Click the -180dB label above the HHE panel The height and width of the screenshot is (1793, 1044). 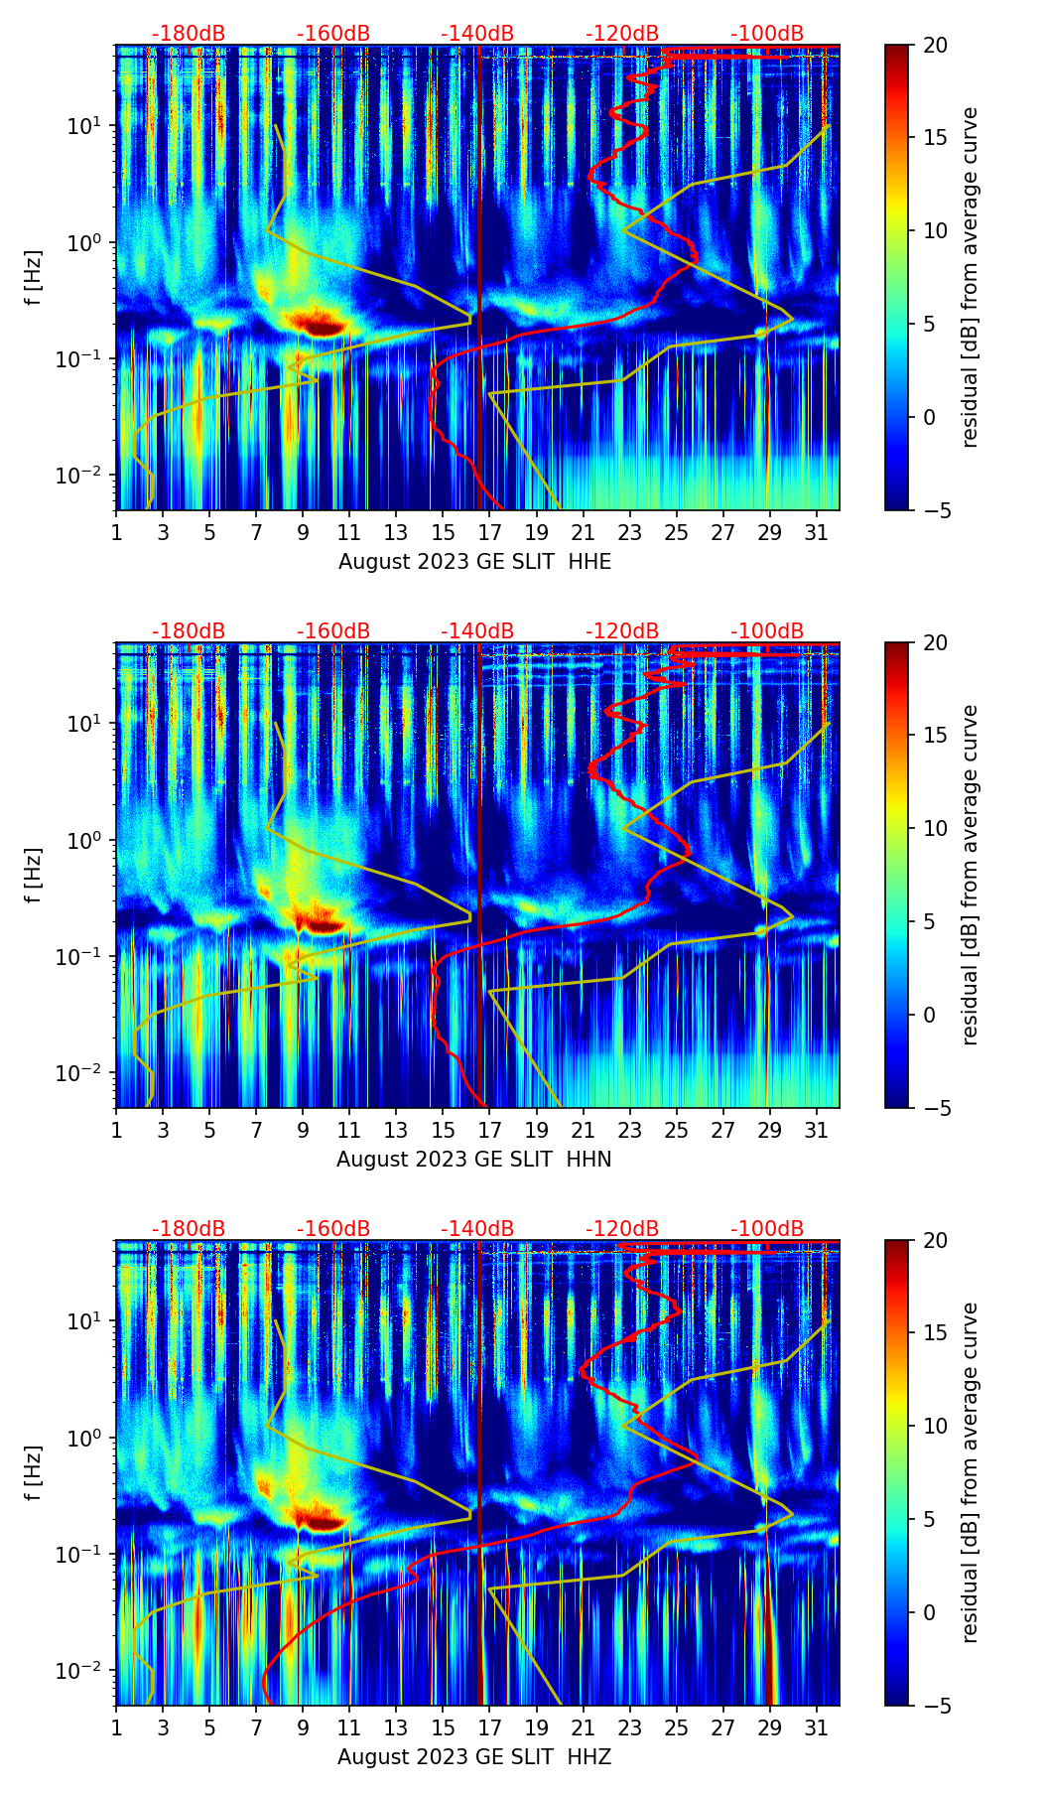tap(189, 34)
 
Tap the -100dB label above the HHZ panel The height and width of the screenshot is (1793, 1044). tap(767, 1229)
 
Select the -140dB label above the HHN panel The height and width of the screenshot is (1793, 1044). tap(477, 631)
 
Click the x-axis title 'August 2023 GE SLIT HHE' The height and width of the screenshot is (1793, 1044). tap(474, 562)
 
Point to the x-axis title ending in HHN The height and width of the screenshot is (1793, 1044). tap(474, 1160)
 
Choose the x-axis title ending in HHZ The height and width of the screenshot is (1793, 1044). tap(474, 1757)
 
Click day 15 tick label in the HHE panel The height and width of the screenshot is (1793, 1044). tap(443, 532)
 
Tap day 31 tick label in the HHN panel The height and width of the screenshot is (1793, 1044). tap(816, 1130)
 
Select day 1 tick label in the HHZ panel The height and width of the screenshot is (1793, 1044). tap(116, 1727)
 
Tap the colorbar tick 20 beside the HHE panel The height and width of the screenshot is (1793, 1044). tap(935, 46)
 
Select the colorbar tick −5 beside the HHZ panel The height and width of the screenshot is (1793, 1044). tap(935, 1706)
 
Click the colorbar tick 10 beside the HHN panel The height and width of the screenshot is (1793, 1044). tap(935, 828)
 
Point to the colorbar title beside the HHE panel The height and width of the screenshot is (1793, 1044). tap(970, 277)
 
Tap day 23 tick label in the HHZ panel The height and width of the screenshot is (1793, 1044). tap(629, 1727)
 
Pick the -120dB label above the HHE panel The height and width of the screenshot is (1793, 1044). tap(622, 34)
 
